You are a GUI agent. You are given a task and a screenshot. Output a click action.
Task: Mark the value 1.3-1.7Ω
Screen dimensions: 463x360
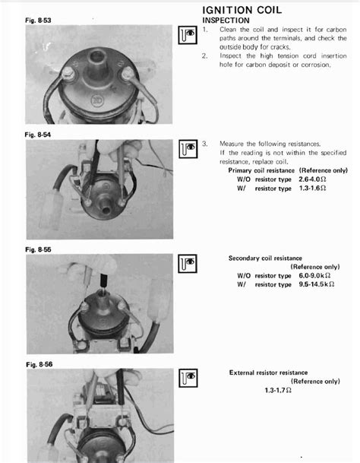279,390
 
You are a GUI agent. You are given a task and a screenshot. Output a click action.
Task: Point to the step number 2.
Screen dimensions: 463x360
205,55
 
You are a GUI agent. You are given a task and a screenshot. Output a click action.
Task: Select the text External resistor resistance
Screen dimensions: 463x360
268,373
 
